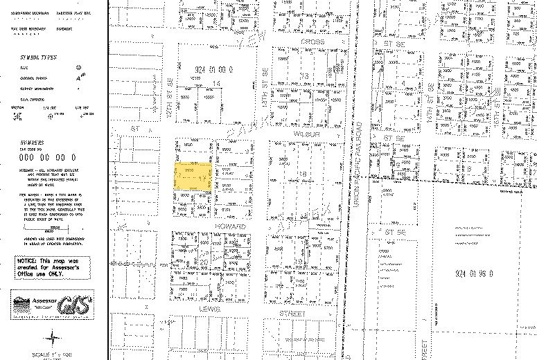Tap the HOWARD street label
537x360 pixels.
click(x=230, y=226)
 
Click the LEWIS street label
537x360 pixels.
click(x=209, y=308)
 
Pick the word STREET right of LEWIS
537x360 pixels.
click(x=292, y=314)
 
